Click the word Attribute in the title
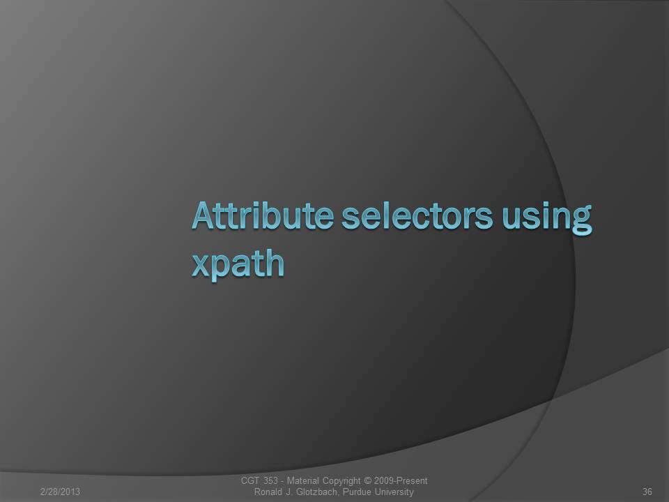tap(263, 215)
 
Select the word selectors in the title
tap(417, 215)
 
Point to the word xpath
tap(238, 264)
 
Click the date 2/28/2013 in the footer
tap(60, 492)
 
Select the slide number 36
tap(647, 492)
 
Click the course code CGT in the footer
tap(250, 480)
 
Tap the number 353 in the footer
tap(270, 480)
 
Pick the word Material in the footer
tap(302, 480)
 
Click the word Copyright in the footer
tap(341, 482)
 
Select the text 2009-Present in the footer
tap(401, 480)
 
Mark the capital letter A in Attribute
tap(203, 215)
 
